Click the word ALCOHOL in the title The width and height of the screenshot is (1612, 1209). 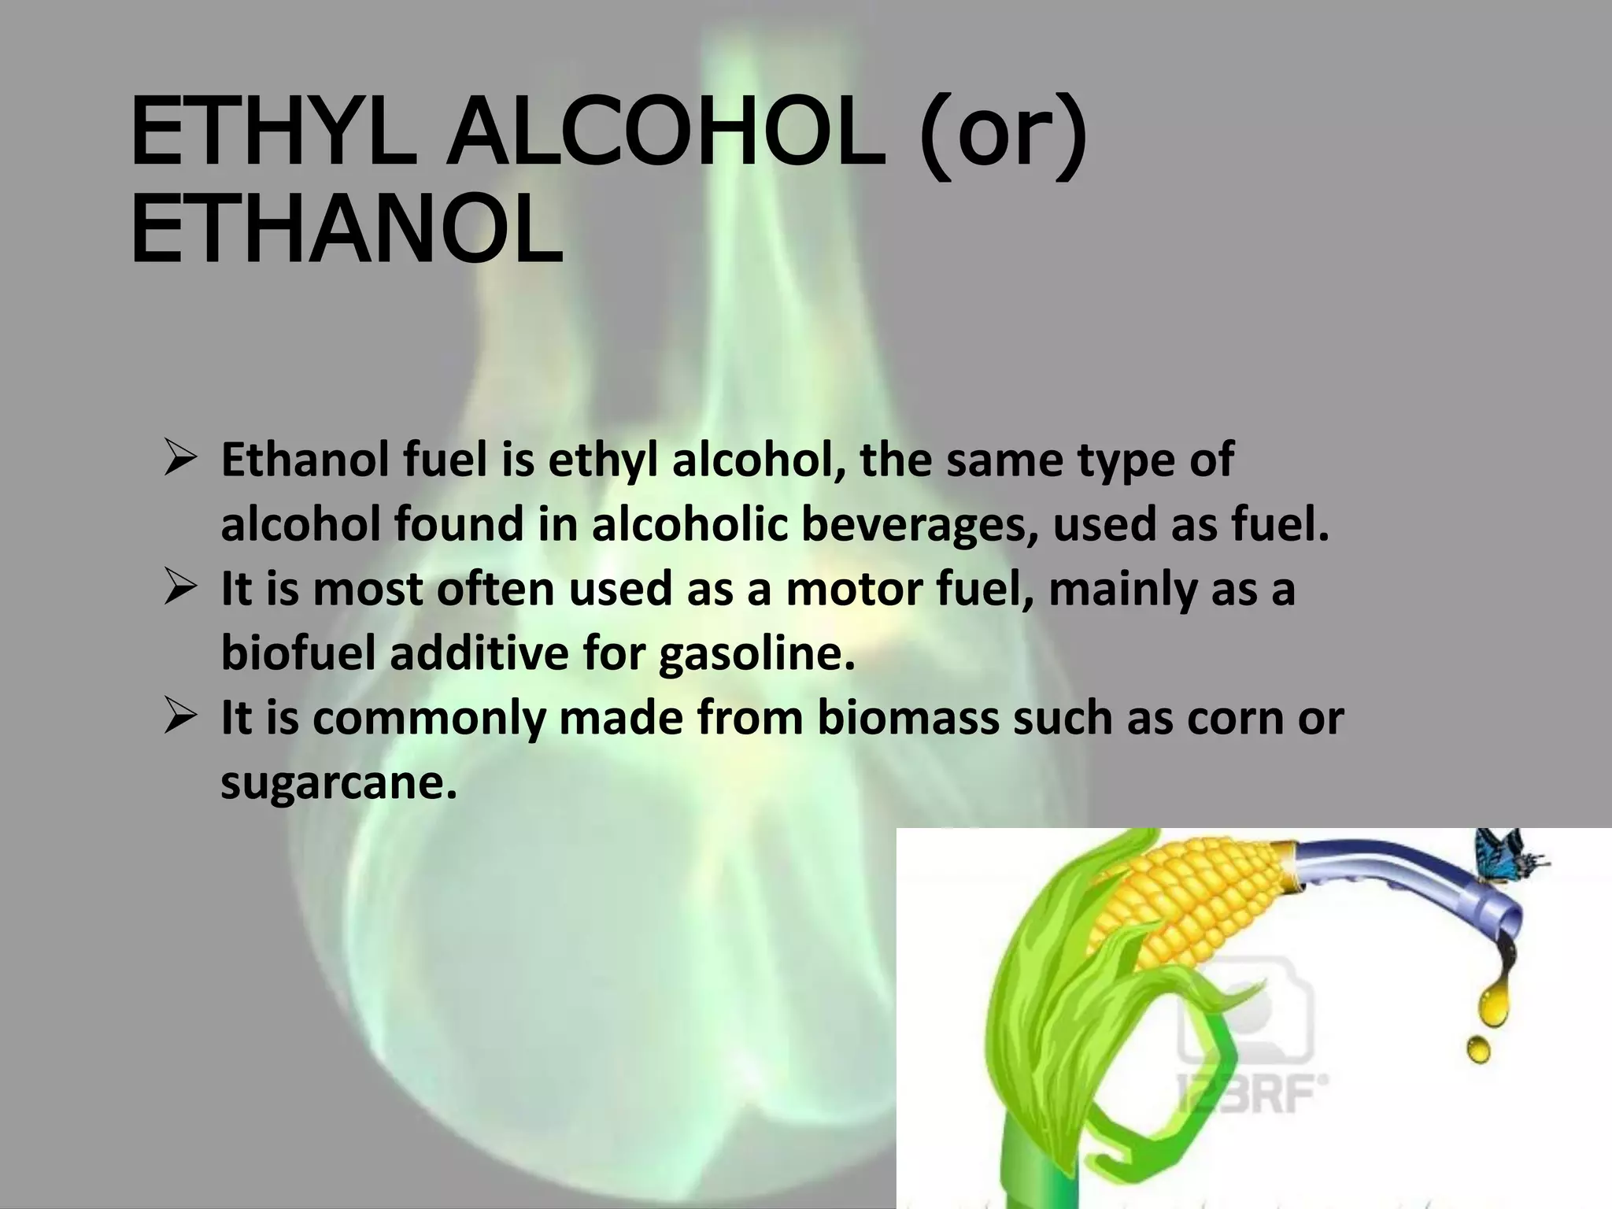(x=666, y=134)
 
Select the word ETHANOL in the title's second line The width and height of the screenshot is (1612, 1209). (x=346, y=230)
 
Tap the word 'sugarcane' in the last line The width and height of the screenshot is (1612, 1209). (x=338, y=782)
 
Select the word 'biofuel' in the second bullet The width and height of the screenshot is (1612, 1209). (x=298, y=653)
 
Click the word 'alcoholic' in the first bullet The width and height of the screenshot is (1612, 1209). (x=690, y=524)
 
